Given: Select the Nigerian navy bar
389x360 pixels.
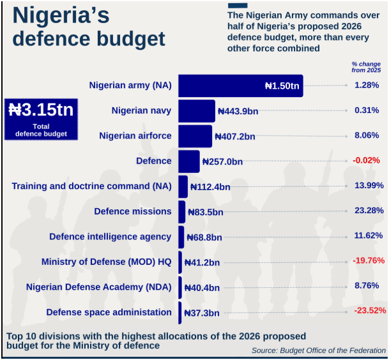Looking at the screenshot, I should pyautogui.click(x=196, y=111).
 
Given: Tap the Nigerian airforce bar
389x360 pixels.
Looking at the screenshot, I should pyautogui.click(x=195, y=136).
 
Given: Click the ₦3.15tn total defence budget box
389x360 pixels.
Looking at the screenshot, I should pyautogui.click(x=41, y=119).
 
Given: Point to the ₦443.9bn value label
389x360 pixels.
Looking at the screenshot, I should pyautogui.click(x=238, y=111).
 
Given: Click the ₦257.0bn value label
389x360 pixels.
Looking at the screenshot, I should pyautogui.click(x=222, y=161).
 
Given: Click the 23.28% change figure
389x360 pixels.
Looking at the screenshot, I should pyautogui.click(x=368, y=211).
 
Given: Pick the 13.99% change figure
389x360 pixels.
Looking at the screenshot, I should pyautogui.click(x=369, y=186).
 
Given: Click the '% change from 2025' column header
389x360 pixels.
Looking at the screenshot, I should pyautogui.click(x=365, y=67).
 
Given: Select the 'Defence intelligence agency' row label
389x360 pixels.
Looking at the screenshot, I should pyautogui.click(x=110, y=237).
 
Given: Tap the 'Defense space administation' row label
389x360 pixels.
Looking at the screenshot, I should pyautogui.click(x=109, y=312).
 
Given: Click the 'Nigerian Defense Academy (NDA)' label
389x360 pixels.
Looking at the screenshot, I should pyautogui.click(x=99, y=287).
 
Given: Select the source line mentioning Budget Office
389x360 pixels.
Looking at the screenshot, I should pyautogui.click(x=318, y=350).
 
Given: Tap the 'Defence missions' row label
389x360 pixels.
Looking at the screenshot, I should pyautogui.click(x=133, y=211).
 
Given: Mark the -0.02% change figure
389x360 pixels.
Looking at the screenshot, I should pyautogui.click(x=366, y=160).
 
